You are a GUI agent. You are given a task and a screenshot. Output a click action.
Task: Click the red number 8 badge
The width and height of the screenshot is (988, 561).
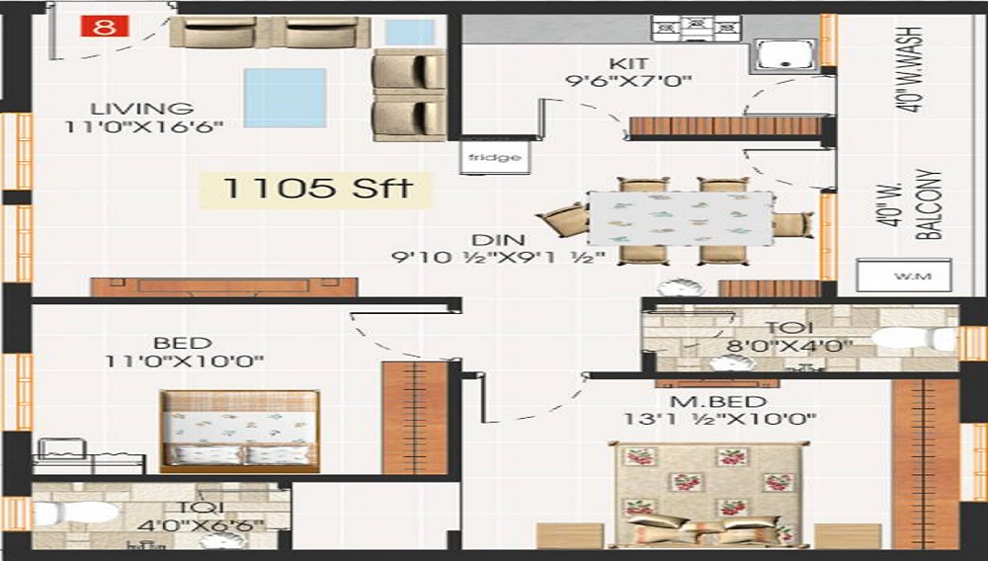point(105,27)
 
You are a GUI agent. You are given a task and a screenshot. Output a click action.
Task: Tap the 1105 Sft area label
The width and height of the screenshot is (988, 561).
point(317,189)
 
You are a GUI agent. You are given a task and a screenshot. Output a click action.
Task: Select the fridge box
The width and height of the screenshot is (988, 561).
point(495,156)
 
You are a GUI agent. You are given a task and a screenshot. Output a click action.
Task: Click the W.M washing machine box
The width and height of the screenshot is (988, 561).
point(904,276)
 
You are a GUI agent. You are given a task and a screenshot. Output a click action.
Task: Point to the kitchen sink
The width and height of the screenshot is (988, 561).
point(784,54)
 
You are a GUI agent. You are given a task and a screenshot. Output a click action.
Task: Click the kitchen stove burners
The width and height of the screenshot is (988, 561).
point(696,28)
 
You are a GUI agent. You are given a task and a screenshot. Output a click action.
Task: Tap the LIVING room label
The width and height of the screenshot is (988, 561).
point(141,109)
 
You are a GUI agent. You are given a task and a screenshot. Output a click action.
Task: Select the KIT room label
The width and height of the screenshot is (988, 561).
point(628,63)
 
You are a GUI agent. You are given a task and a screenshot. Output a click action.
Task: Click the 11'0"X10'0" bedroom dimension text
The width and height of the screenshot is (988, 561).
point(184,361)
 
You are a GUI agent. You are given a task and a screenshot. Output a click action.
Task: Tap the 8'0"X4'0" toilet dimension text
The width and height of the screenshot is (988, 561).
point(788,346)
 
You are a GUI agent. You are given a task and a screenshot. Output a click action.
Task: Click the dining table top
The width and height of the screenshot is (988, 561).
point(681,218)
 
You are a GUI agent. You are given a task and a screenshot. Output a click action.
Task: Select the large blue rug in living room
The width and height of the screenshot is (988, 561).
point(285,98)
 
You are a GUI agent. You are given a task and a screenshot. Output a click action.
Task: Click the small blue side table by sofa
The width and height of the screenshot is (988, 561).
point(410,33)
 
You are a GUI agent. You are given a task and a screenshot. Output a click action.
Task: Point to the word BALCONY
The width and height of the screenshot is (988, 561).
point(929,204)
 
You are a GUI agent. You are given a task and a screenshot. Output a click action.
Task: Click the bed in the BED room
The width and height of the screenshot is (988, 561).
point(239,432)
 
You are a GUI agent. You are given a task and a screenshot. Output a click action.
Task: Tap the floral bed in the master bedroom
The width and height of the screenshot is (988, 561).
point(708,494)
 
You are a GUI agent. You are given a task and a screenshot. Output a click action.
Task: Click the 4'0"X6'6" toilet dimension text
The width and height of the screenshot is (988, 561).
point(201,525)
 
